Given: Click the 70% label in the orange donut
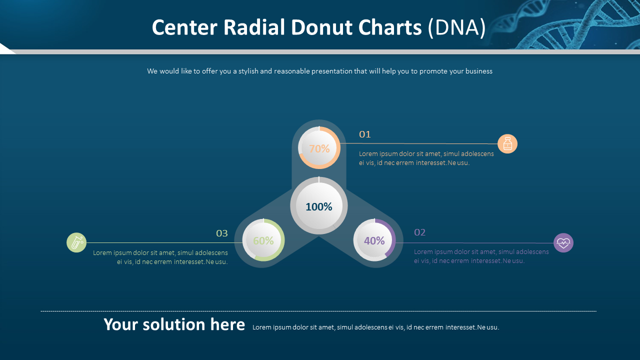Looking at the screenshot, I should point(319,148).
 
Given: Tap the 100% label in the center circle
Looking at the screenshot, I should point(319,206).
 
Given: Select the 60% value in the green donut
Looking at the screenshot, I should point(263,240).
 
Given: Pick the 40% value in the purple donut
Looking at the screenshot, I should point(374,240).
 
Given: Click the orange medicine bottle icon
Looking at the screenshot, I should point(507,144).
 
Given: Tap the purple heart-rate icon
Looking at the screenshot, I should point(563,243).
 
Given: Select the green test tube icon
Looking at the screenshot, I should point(76,242).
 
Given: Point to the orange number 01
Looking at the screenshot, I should point(365,134).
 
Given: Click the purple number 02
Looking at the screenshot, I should point(420,232).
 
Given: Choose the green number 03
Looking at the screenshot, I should point(222,233).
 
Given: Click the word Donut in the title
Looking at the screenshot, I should point(322,27).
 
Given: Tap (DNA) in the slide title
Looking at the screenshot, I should point(457,27).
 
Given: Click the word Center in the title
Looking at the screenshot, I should point(185,27).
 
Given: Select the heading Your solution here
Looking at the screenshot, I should point(174,324).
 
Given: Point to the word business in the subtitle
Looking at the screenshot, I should point(471,71).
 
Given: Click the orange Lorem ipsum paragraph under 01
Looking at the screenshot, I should point(426,158).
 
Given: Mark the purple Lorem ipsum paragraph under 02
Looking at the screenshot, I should point(481,256).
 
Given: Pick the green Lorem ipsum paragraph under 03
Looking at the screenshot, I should point(160,257).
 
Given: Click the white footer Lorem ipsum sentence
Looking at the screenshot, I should point(375,327).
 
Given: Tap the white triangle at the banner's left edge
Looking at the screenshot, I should point(6,49).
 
